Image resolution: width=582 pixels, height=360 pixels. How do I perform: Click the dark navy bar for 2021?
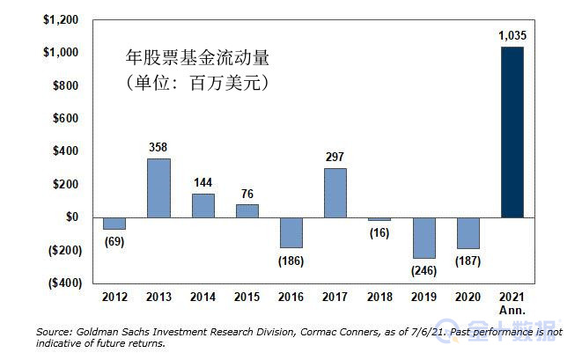(x=512, y=132)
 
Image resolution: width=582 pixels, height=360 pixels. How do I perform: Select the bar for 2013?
(x=158, y=187)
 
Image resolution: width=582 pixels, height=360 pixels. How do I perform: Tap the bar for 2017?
(x=335, y=193)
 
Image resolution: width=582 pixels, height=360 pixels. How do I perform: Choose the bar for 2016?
(x=291, y=232)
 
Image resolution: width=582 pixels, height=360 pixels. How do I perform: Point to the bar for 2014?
(x=203, y=205)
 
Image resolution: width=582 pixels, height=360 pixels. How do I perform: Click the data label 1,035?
(x=512, y=36)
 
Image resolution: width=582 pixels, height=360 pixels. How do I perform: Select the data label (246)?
(x=424, y=270)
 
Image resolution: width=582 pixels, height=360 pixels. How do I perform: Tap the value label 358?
(x=158, y=147)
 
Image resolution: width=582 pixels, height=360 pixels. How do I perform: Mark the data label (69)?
(x=114, y=241)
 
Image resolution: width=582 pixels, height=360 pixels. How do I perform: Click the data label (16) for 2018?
(x=379, y=232)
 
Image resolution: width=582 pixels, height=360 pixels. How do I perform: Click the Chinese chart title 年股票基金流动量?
(x=196, y=60)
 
